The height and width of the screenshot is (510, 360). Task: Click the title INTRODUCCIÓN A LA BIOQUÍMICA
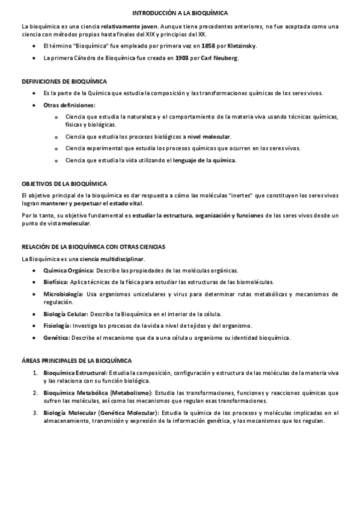(x=180, y=12)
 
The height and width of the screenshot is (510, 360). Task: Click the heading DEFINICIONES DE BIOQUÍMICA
(x=65, y=81)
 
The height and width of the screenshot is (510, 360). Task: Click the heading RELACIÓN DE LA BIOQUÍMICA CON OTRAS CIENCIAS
(x=93, y=247)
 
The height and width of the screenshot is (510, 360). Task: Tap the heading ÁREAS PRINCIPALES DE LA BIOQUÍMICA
(x=76, y=360)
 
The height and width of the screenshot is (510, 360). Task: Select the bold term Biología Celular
(x=66, y=314)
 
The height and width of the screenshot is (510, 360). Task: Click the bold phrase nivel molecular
(x=209, y=137)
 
